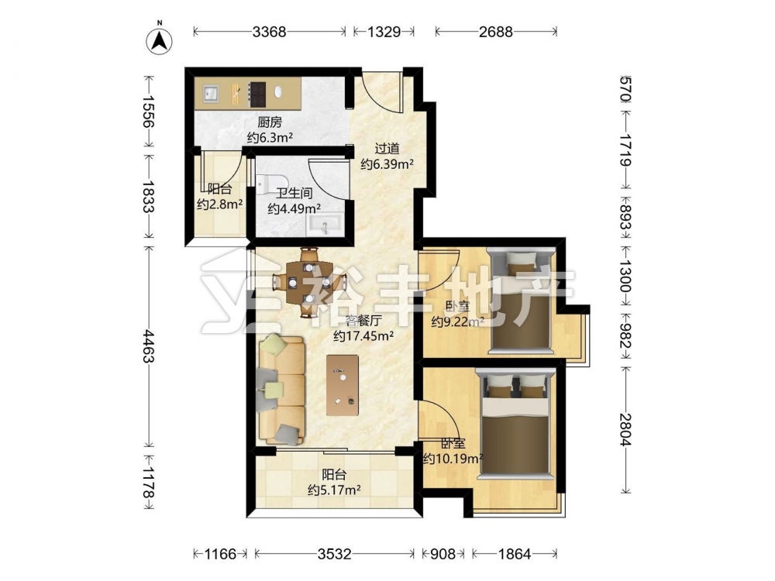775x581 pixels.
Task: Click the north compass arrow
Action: tap(160, 39)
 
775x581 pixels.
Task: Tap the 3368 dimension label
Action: tap(269, 32)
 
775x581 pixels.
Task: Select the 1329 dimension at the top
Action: tap(384, 32)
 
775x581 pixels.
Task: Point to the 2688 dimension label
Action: tap(496, 32)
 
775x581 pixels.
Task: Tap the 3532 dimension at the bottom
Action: tap(334, 554)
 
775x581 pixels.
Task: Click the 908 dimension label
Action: tap(443, 554)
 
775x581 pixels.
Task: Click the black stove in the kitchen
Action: tap(257, 94)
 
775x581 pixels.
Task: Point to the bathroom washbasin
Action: tap(325, 225)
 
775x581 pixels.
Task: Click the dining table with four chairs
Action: tap(308, 283)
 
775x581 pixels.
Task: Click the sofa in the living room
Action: tap(281, 390)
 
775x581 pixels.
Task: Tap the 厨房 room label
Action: tap(270, 122)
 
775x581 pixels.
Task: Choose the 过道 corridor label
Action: tap(387, 149)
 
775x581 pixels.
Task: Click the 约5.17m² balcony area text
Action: tap(334, 490)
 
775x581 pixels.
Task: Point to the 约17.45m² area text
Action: tap(363, 336)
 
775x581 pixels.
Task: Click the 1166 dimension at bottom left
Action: tap(220, 554)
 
